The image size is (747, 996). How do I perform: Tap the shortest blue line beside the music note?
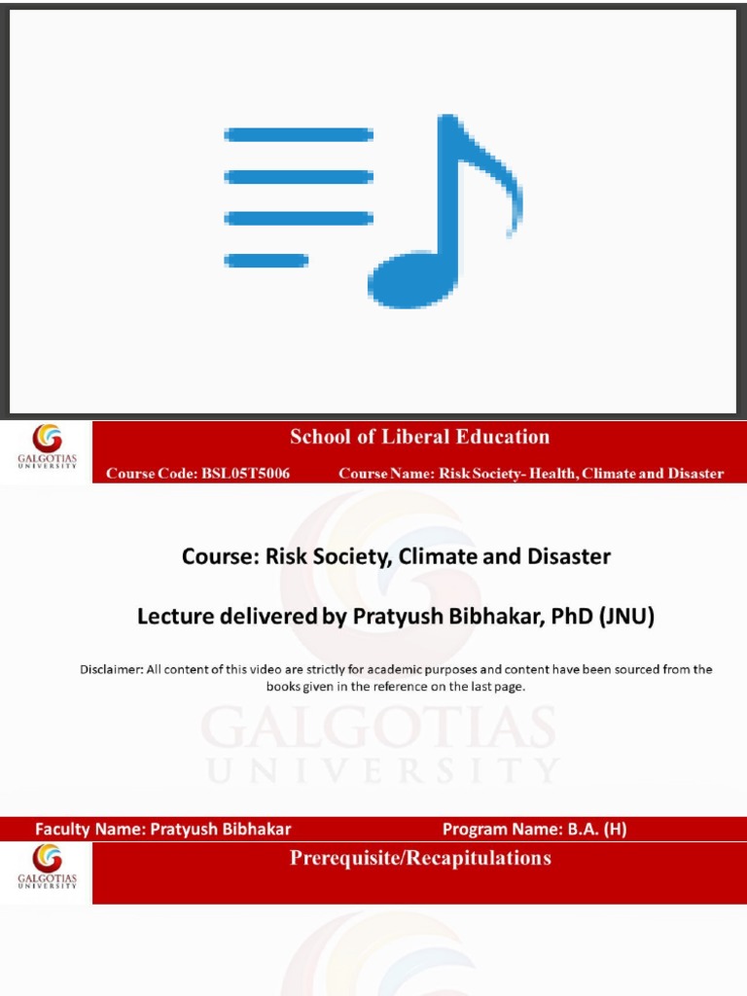tap(266, 260)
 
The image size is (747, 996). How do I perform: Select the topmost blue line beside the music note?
tap(299, 134)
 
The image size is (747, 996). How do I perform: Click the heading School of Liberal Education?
tap(419, 437)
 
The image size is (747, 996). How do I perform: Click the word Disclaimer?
tap(110, 669)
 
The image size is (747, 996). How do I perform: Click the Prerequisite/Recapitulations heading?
tap(420, 858)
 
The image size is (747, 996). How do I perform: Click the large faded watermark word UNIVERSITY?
tap(380, 770)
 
